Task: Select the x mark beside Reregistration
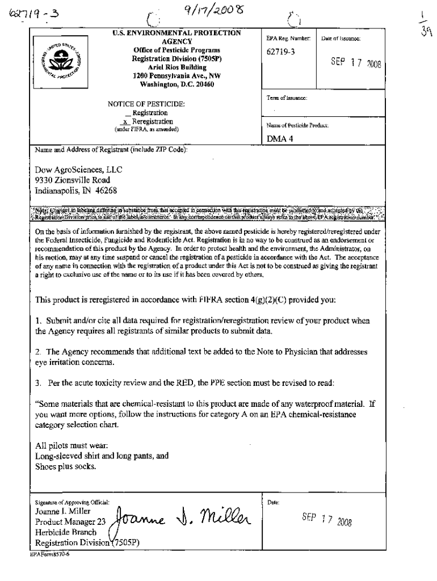(x=126, y=121)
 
